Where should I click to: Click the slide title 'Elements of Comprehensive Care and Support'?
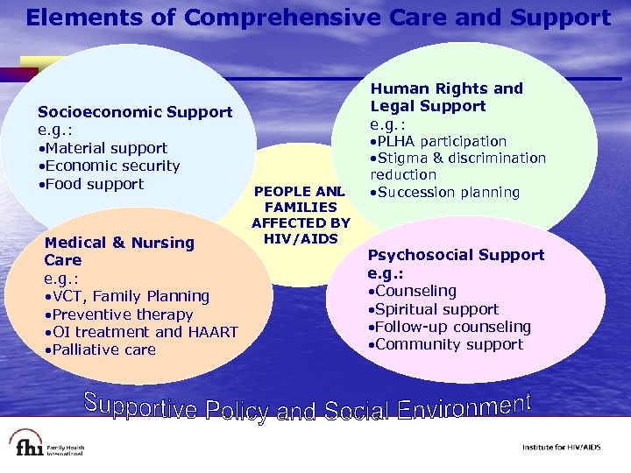click(317, 18)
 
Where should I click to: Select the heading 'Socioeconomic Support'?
click(134, 112)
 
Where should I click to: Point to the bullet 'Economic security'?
click(110, 166)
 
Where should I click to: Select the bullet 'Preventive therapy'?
click(120, 314)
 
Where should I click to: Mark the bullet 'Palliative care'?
click(102, 349)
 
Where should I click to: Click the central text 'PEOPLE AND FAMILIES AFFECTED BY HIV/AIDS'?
click(301, 215)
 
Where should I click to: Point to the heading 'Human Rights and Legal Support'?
click(445, 97)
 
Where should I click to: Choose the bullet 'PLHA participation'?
click(438, 141)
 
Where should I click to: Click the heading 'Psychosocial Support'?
click(456, 255)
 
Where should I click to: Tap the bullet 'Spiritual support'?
click(434, 309)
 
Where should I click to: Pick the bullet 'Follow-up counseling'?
click(450, 327)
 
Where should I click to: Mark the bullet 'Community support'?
click(446, 344)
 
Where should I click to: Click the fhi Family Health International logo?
click(47, 445)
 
